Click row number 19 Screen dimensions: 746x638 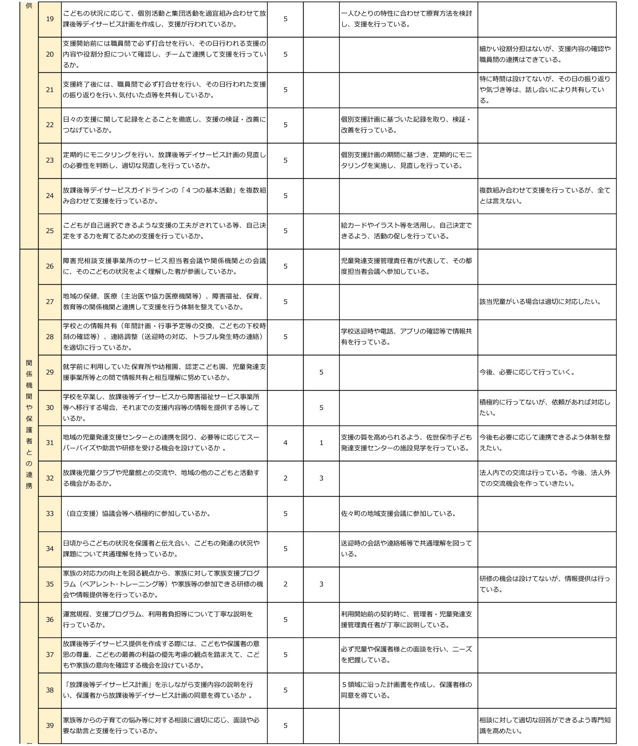pos(50,19)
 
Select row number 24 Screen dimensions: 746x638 pos(50,196)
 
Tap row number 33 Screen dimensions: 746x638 pos(50,514)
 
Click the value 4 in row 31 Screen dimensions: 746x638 pos(285,443)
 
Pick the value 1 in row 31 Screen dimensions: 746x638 pos(321,443)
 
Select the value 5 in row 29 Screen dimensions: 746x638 pos(321,372)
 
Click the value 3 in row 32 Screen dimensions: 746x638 pos(321,478)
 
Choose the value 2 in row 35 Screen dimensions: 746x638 pos(285,584)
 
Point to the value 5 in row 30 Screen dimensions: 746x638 pos(321,408)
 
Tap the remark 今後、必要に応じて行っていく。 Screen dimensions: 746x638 pos(527,372)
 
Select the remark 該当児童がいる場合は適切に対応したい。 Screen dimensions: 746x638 pos(540,302)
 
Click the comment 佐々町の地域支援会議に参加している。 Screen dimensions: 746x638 pos(398,514)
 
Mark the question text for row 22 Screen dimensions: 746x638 pos(164,125)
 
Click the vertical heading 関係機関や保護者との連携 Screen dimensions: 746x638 pos(29,424)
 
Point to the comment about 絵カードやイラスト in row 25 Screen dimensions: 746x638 pos(406,231)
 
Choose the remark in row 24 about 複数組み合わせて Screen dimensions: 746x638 pos(545,196)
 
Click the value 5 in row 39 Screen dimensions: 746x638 pos(285,726)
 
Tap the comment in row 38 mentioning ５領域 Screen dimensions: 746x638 pos(406,690)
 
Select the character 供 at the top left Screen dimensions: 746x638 pos(29,6)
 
